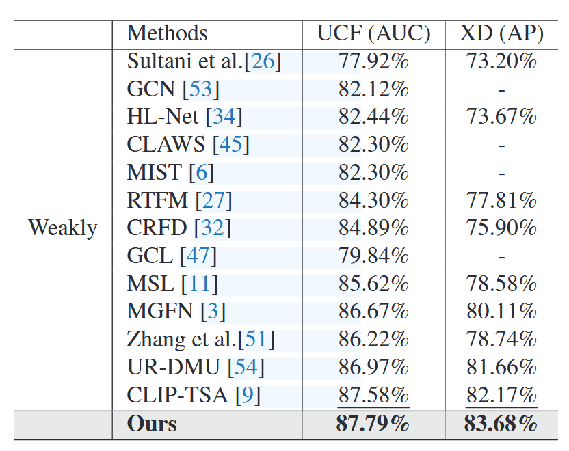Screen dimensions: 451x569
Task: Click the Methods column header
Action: click(167, 33)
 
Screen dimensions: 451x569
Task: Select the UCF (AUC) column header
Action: click(373, 33)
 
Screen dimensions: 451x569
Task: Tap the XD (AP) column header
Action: click(501, 33)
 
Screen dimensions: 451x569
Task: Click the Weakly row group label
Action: click(63, 228)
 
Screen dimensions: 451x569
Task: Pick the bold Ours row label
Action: click(152, 424)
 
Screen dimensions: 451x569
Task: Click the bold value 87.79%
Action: click(373, 424)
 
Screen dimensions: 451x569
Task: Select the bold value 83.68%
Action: click(501, 424)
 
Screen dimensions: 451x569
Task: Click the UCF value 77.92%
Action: click(373, 61)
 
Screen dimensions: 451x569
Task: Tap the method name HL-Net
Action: click(163, 117)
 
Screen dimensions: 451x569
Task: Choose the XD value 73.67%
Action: click(501, 117)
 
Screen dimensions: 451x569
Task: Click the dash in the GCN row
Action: click(501, 90)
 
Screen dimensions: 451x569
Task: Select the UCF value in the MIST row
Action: click(373, 173)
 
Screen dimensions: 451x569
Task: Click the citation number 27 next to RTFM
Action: click(213, 201)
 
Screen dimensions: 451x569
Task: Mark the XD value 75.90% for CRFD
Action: click(501, 228)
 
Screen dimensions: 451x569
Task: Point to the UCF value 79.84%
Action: click(373, 256)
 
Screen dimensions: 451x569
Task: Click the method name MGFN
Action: click(160, 312)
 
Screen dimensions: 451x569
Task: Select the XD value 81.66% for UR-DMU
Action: click(501, 368)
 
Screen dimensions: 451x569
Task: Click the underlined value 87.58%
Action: click(373, 395)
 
